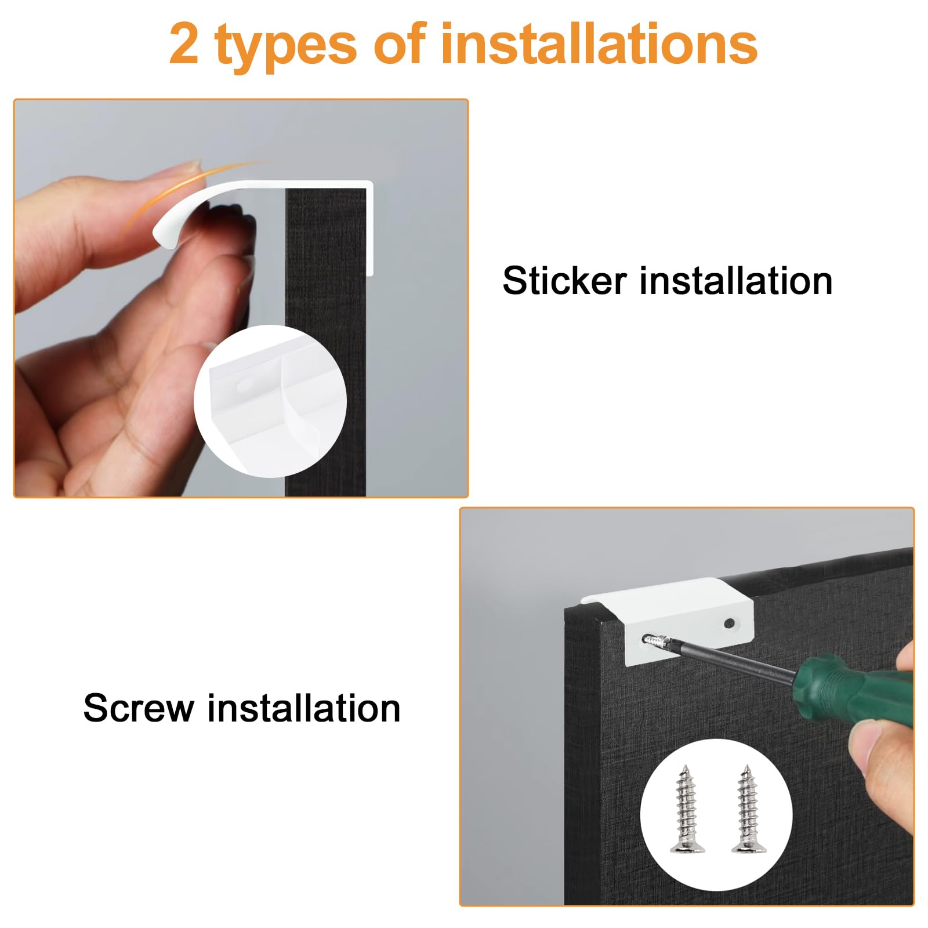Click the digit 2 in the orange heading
[x=184, y=44]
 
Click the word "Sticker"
[x=564, y=281]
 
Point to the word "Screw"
[x=139, y=708]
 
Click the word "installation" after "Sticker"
[x=736, y=281]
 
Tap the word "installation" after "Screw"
[x=304, y=708]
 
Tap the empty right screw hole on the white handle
[x=729, y=624]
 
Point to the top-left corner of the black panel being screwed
[x=566, y=609]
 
